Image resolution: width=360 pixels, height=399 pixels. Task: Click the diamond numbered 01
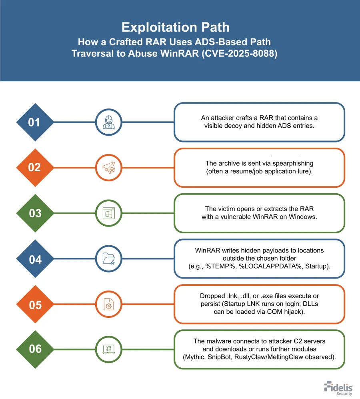coord(34,122)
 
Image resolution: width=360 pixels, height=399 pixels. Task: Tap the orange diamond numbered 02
coord(34,167)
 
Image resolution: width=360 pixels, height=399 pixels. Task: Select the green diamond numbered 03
coord(34,213)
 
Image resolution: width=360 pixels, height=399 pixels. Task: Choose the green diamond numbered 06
coord(34,349)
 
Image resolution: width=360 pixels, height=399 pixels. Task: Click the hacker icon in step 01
coord(107,122)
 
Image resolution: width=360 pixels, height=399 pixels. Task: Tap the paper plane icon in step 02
coord(107,167)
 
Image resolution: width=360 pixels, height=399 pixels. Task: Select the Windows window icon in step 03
coord(107,213)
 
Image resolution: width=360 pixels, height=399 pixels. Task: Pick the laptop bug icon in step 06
coord(107,349)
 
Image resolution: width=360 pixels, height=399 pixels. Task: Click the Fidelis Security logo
coord(338,388)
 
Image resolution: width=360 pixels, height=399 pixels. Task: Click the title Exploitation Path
coord(176,27)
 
